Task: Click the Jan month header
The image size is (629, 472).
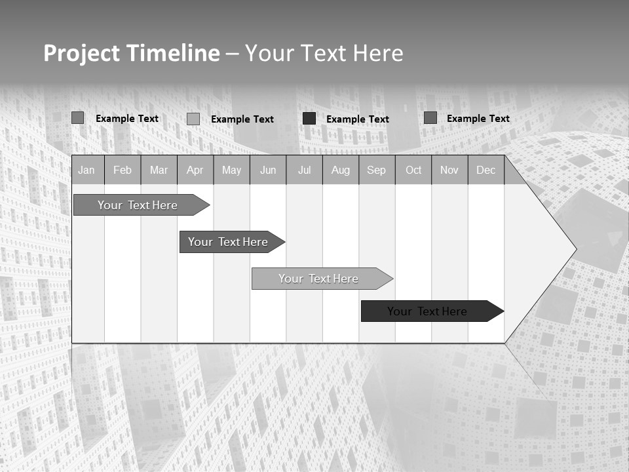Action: tap(86, 170)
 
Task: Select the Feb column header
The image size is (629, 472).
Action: tap(123, 170)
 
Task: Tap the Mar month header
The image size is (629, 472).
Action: tap(159, 170)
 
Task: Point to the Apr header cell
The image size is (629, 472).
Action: tap(195, 170)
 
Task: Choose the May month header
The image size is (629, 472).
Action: tap(231, 170)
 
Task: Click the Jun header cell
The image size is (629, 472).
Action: tap(268, 170)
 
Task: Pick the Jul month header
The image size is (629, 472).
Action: tap(304, 170)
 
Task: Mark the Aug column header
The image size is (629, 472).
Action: tap(341, 170)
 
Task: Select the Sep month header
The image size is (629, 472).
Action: tap(377, 170)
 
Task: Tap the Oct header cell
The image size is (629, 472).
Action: tap(413, 170)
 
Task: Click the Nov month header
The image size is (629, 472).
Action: tap(449, 170)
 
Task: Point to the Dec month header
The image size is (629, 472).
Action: tap(486, 170)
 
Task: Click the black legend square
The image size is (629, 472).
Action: tap(309, 119)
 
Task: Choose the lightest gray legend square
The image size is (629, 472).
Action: tap(193, 119)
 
